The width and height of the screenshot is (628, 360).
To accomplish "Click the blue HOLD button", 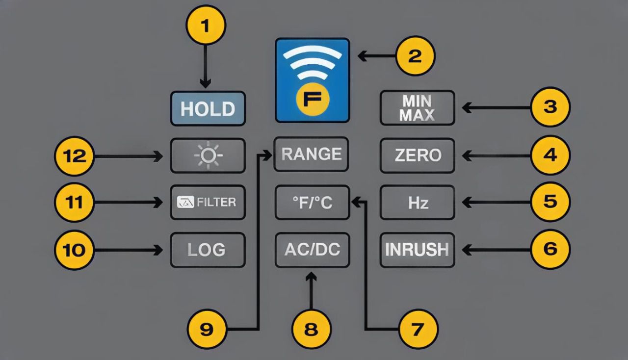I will (208, 108).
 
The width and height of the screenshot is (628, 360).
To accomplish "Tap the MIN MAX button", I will (417, 107).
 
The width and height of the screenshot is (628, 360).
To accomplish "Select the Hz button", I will (417, 202).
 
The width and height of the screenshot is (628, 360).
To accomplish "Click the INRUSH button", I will (417, 250).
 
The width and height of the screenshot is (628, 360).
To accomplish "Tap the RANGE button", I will (311, 154).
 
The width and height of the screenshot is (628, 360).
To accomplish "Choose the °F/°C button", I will (312, 202).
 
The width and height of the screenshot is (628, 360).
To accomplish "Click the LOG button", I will (208, 250).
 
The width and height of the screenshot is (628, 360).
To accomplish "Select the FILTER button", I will (208, 202).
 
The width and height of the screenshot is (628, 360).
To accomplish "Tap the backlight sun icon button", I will (208, 155).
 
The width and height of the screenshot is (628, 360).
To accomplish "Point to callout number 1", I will (206, 25).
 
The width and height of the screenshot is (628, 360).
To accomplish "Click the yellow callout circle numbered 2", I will (415, 56).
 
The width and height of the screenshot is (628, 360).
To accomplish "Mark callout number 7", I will (418, 329).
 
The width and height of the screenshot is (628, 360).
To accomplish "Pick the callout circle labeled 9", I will (207, 329).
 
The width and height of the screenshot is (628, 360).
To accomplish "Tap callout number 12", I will (74, 156).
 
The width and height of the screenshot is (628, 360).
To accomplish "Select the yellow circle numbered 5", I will (550, 202).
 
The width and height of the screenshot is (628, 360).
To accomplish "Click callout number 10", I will (74, 250).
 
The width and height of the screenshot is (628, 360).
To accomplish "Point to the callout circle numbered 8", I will (312, 329).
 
